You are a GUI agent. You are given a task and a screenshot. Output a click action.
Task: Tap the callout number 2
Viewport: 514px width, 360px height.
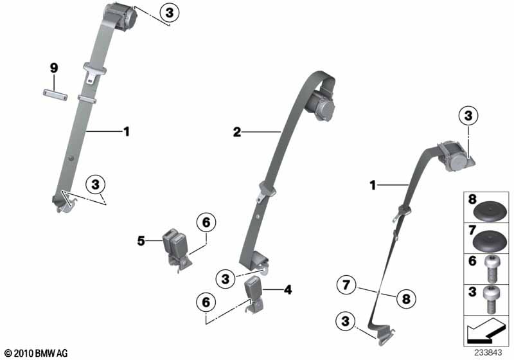pyautogui.click(x=237, y=132)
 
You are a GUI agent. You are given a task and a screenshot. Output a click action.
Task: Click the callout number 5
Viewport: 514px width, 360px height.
pyautogui.click(x=141, y=241)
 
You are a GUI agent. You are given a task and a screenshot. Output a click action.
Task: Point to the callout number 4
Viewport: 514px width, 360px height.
pyautogui.click(x=288, y=290)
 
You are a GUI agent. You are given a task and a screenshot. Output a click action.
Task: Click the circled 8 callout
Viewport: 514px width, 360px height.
pyautogui.click(x=405, y=298)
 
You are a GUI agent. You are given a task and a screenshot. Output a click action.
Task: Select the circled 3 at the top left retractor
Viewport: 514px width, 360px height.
pyautogui.click(x=168, y=12)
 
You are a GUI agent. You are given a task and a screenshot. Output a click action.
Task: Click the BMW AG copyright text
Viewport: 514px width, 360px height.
pyautogui.click(x=35, y=353)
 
